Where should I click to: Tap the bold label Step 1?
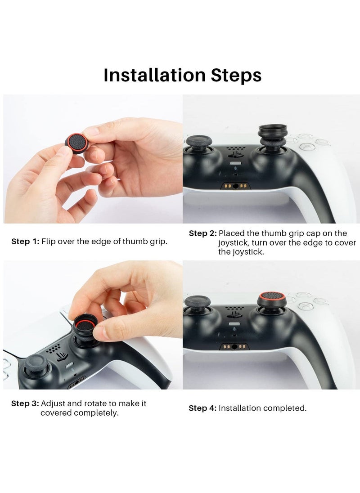pos(25,242)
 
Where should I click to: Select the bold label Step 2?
pos(202,233)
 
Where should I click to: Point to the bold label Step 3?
pos(25,403)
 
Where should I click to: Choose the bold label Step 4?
pos(202,408)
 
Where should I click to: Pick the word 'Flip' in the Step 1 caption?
pos(49,242)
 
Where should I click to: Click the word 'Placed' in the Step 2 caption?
pos(232,233)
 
